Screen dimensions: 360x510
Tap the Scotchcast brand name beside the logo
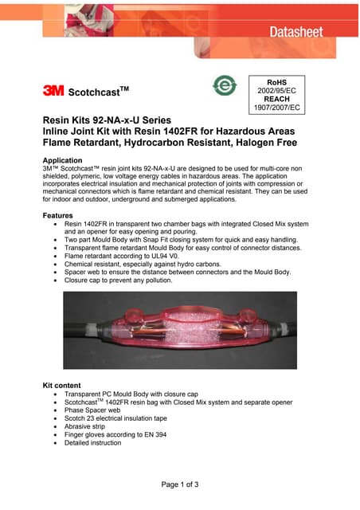[x=100, y=91]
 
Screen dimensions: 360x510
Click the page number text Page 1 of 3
[x=180, y=484]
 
